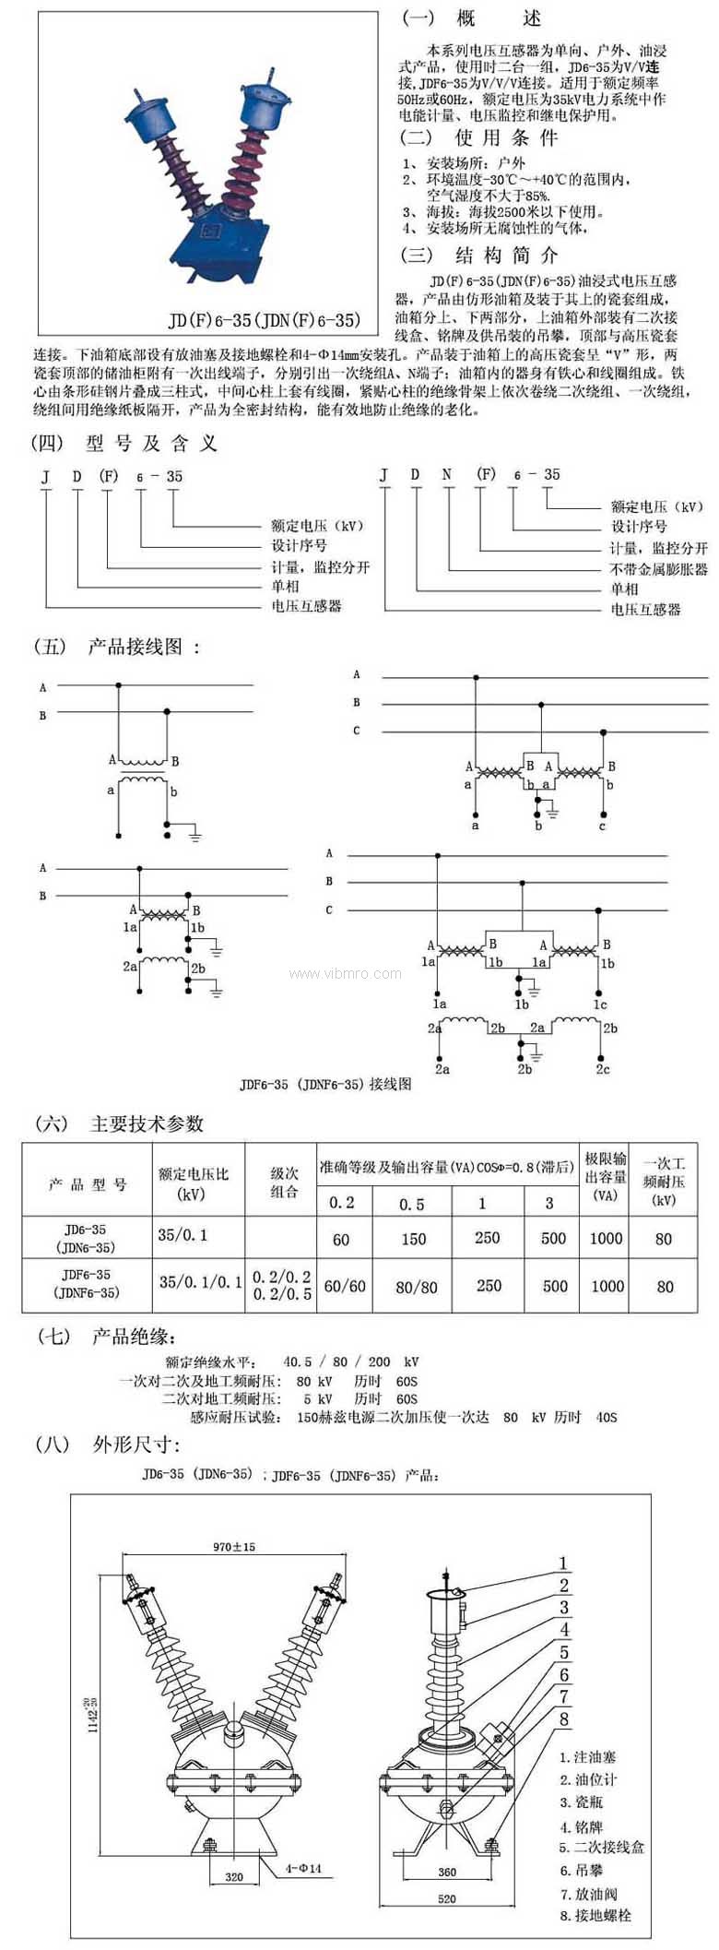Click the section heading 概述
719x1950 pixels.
[x=499, y=18]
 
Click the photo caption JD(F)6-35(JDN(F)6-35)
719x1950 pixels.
[x=264, y=320]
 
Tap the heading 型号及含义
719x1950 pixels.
[x=151, y=444]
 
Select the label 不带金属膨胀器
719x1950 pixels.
[x=658, y=569]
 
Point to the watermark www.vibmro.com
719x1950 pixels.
[x=345, y=973]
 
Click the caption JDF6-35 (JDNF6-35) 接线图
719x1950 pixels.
[x=325, y=1084]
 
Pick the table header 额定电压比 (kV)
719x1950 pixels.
[x=193, y=1183]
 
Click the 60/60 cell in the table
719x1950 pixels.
[x=345, y=1286]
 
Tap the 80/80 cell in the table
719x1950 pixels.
[x=416, y=1286]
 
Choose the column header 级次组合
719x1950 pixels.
[x=284, y=1183]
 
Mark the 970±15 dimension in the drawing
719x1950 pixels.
[x=233, y=1546]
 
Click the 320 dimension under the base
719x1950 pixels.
[x=234, y=1876]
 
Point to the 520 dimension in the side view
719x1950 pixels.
[x=446, y=1898]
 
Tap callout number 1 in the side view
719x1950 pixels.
[x=564, y=1563]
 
